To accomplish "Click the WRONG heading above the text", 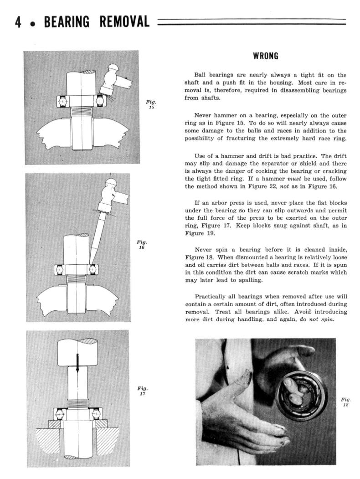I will pos(265,57).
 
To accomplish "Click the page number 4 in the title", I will pos(18,21).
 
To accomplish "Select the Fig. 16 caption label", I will pos(142,244).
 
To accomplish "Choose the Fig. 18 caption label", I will pos(345,402).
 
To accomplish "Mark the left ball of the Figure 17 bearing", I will pos(60,414).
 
